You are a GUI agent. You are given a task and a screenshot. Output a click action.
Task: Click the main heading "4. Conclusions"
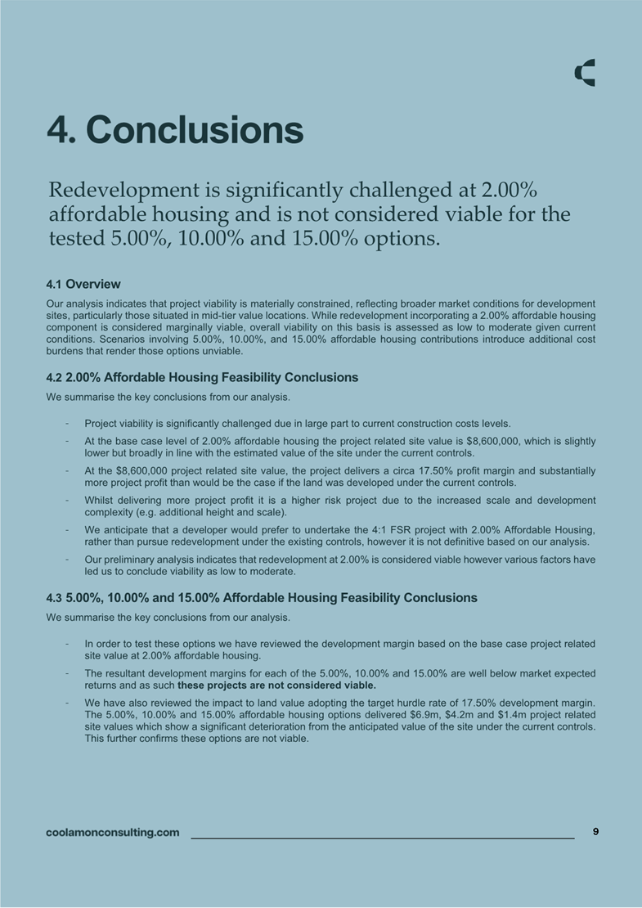point(175,129)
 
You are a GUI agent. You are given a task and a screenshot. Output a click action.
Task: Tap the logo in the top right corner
point(585,73)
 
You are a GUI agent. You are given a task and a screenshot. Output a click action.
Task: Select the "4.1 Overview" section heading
point(83,284)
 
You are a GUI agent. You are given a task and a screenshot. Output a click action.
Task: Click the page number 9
point(595,831)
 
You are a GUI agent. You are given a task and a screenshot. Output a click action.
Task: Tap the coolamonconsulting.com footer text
point(113,833)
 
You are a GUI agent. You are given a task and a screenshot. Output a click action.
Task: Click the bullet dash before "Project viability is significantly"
point(65,424)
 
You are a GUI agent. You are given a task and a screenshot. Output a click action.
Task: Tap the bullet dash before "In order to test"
point(65,643)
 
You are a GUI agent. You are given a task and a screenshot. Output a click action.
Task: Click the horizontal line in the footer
point(382,838)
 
